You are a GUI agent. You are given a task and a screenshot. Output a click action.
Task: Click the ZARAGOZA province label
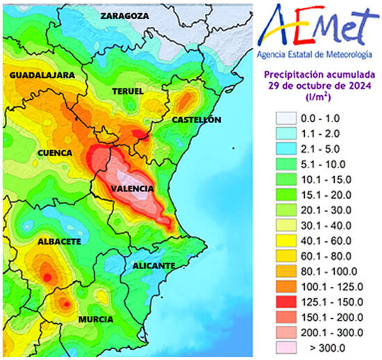point(124,15)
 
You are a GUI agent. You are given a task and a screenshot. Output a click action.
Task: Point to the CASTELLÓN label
point(197,120)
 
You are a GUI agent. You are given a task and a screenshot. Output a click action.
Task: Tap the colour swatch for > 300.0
point(286,347)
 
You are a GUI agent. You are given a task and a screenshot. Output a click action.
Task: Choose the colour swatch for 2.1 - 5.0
point(286,149)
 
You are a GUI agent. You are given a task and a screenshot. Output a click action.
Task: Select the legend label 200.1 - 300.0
point(333,332)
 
